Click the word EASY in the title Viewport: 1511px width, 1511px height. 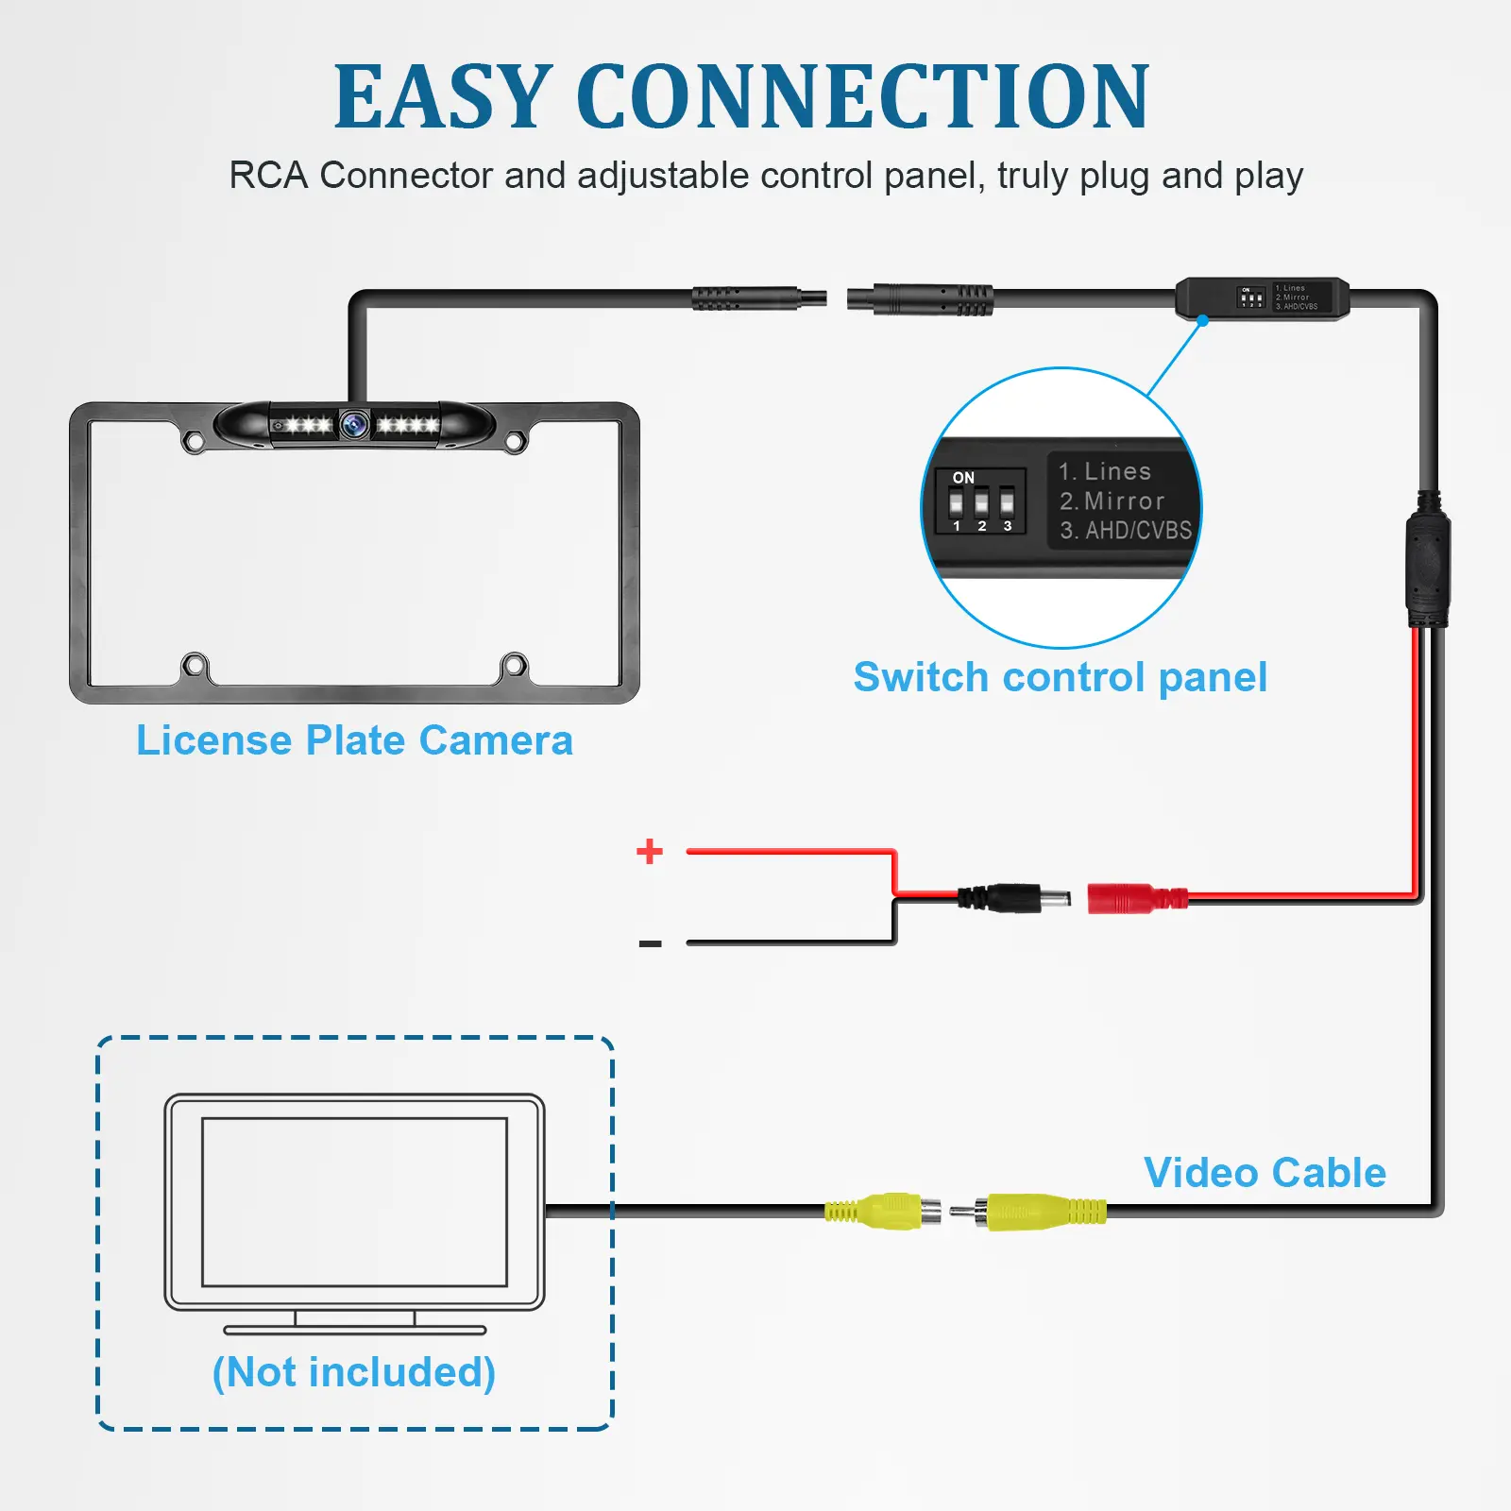pyautogui.click(x=442, y=96)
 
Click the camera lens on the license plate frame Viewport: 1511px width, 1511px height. pyautogui.click(x=355, y=425)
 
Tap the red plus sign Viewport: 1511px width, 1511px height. pyautogui.click(x=650, y=851)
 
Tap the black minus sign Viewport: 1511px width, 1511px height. pyautogui.click(x=650, y=943)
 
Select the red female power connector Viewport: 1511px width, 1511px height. pyautogui.click(x=1133, y=897)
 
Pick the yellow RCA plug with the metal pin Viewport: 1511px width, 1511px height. pyautogui.click(x=1029, y=1211)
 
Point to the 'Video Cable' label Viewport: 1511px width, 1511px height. pyautogui.click(x=1265, y=1173)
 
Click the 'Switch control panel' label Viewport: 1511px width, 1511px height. pyautogui.click(x=1060, y=677)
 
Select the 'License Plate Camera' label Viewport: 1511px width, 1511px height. pyautogui.click(x=354, y=740)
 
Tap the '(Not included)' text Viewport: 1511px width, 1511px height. pyautogui.click(x=354, y=1372)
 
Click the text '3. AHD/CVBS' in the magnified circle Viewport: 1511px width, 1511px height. pyautogui.click(x=1125, y=531)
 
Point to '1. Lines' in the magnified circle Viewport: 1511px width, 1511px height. pyautogui.click(x=1104, y=471)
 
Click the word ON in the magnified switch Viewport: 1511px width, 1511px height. pyautogui.click(x=963, y=478)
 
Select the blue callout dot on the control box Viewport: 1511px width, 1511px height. pyautogui.click(x=1202, y=321)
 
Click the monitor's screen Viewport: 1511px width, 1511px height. pyautogui.click(x=354, y=1201)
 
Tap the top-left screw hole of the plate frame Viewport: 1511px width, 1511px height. pyautogui.click(x=194, y=441)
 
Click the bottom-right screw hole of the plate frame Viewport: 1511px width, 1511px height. pyautogui.click(x=515, y=666)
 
